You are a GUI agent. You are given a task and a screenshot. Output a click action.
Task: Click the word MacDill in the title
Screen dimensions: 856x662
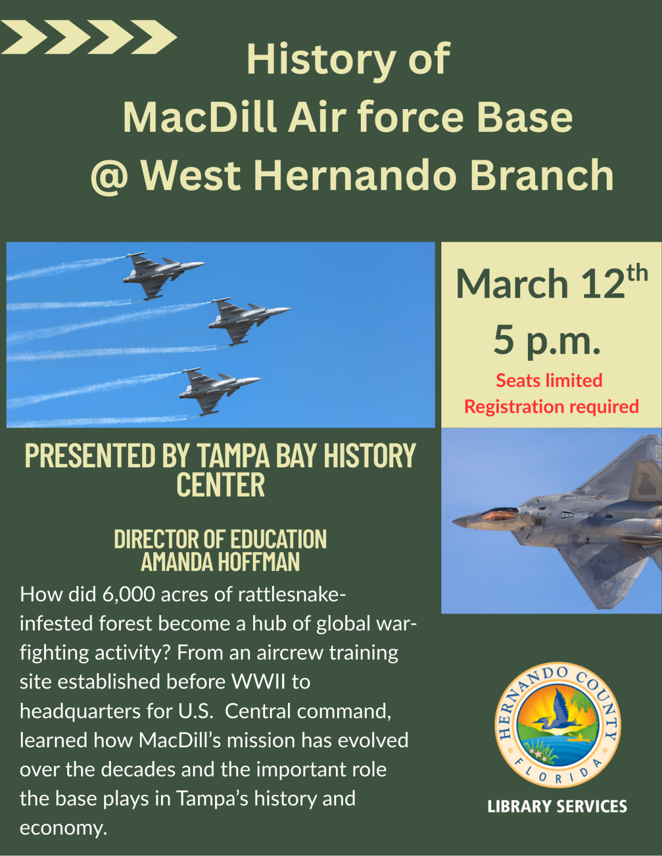pyautogui.click(x=199, y=117)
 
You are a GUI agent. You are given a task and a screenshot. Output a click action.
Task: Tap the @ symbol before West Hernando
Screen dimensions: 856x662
pyautogui.click(x=109, y=176)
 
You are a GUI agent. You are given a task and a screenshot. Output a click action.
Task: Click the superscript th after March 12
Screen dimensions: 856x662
pyautogui.click(x=637, y=273)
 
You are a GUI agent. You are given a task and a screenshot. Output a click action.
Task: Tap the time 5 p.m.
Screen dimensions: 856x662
pyautogui.click(x=547, y=340)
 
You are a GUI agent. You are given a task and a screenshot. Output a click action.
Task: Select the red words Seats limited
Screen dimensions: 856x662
pyautogui.click(x=549, y=380)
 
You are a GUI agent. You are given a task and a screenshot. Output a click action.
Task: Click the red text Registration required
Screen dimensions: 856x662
pyautogui.click(x=551, y=407)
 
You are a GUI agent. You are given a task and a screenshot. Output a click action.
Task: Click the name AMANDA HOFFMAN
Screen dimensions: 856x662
pyautogui.click(x=220, y=562)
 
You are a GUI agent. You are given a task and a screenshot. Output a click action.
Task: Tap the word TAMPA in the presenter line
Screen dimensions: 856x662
pyautogui.click(x=233, y=456)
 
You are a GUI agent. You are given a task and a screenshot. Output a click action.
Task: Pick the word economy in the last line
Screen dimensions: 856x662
pyautogui.click(x=63, y=828)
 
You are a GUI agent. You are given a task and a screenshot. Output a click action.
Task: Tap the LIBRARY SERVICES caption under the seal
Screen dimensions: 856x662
pyautogui.click(x=557, y=807)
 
